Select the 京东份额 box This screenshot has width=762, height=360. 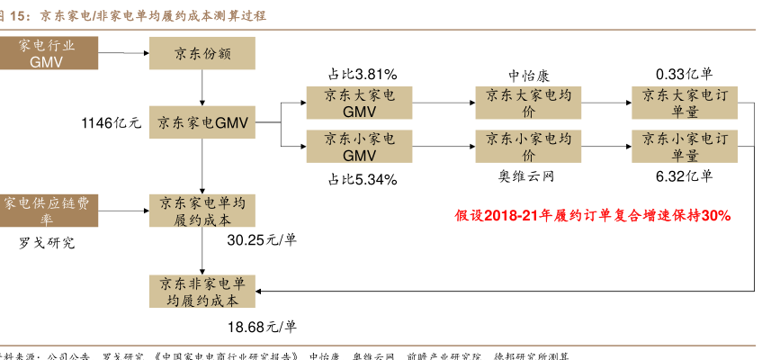point(202,54)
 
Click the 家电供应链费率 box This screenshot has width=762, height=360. point(45,211)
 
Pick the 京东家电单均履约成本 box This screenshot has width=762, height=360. point(202,211)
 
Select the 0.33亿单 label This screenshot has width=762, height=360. point(685,74)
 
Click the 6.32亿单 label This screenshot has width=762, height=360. point(685,175)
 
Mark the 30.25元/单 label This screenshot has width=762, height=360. point(262,240)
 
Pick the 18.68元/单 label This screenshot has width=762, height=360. point(262,326)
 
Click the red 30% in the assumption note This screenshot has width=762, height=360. point(716,216)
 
